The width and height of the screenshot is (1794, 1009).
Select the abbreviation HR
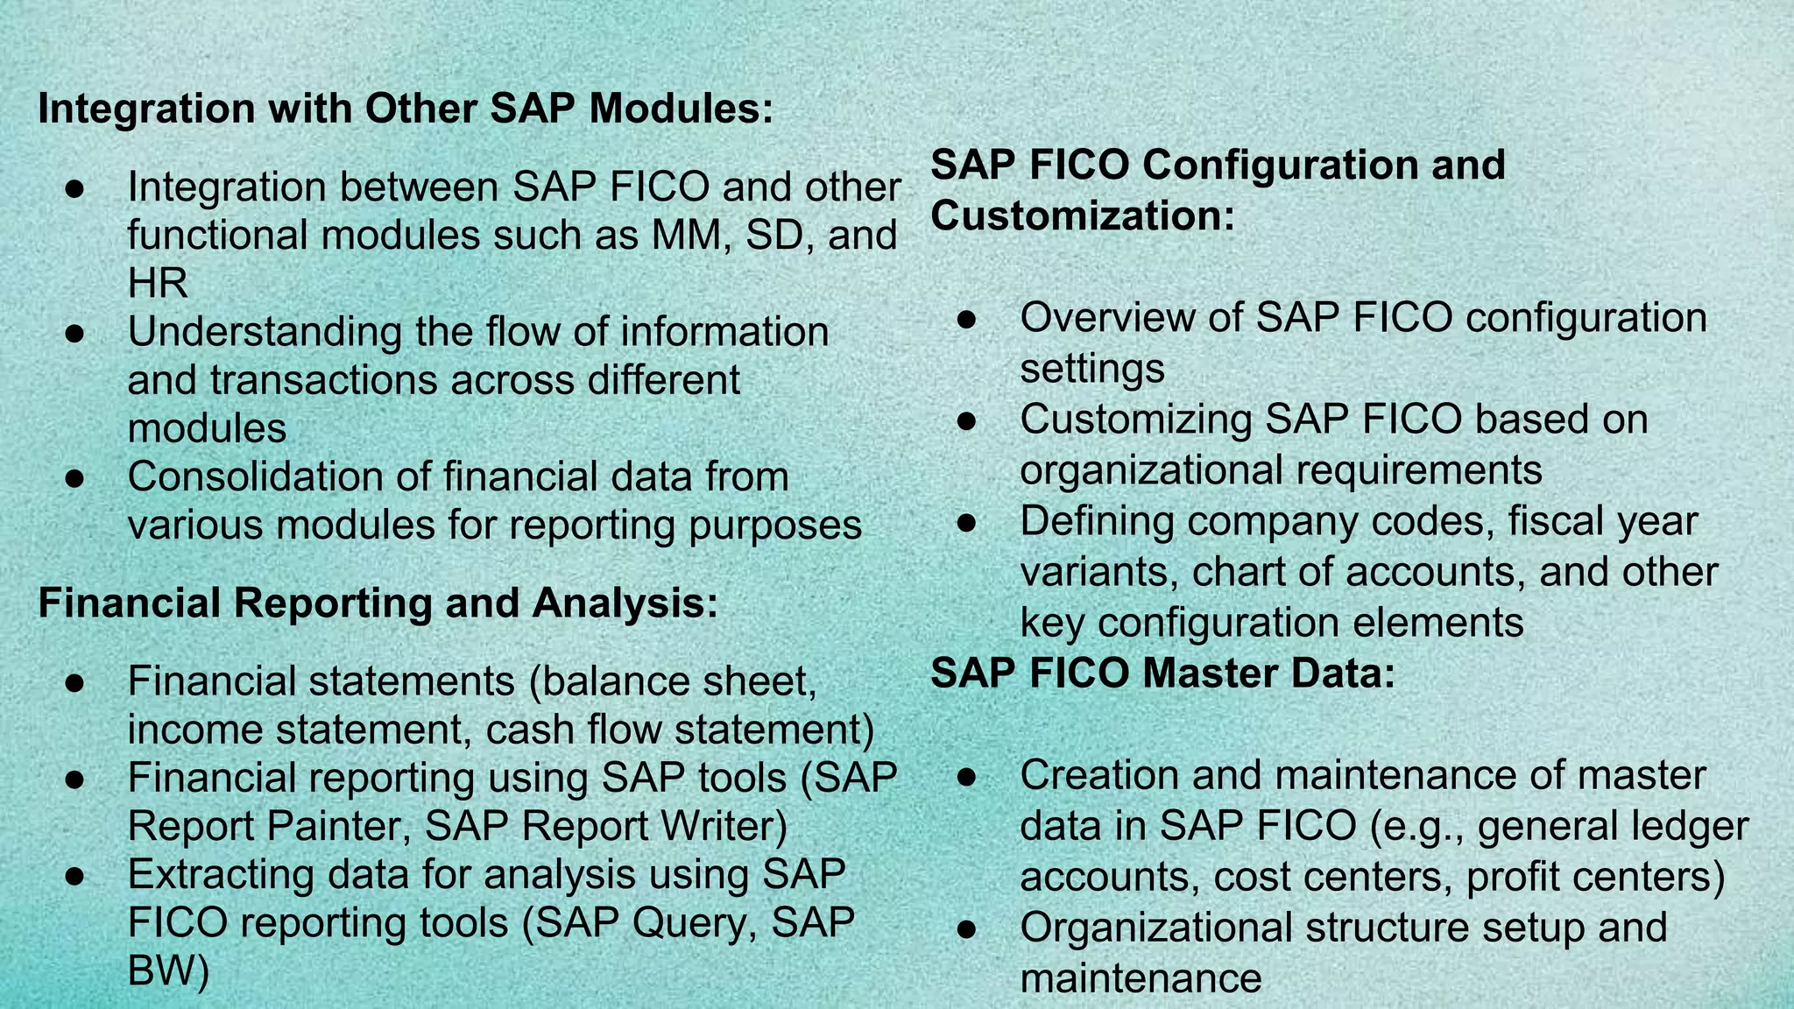pos(158,284)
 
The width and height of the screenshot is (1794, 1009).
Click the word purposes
pos(775,526)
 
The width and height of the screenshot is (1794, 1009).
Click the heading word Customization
pos(1081,216)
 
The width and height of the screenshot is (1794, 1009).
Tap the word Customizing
pos(1136,420)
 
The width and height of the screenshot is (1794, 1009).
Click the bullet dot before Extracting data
pos(74,875)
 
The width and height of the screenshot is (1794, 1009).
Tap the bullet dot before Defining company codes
pos(967,523)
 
